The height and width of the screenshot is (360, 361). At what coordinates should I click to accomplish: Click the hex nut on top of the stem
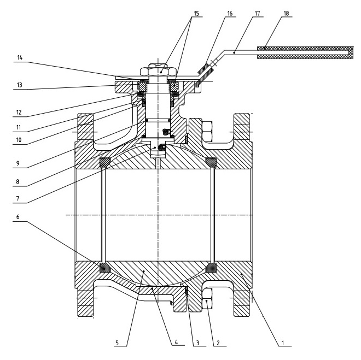[x=159, y=70]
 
